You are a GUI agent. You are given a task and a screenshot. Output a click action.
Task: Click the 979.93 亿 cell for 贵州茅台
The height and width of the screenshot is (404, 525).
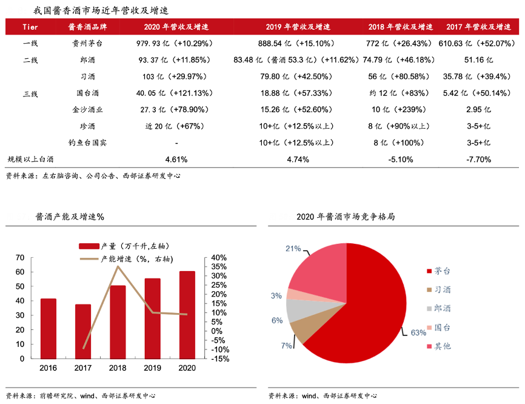click(172, 44)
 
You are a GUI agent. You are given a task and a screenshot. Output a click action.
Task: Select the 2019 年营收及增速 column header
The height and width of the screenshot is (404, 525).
click(298, 27)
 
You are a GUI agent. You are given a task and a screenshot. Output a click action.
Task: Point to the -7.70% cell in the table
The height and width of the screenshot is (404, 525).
click(478, 160)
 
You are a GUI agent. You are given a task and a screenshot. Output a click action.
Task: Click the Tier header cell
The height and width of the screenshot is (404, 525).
click(30, 27)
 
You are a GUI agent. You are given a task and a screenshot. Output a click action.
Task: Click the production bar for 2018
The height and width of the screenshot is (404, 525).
click(118, 322)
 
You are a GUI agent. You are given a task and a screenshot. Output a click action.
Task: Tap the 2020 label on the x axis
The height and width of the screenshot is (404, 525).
click(187, 368)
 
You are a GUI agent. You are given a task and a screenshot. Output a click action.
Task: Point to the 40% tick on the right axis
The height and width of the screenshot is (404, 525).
click(219, 258)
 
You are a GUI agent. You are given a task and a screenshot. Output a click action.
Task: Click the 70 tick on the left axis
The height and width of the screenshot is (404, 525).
click(19, 258)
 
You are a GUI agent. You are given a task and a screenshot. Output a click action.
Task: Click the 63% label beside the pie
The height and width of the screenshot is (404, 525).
click(418, 332)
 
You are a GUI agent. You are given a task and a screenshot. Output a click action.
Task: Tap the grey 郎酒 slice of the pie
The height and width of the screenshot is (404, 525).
click(296, 309)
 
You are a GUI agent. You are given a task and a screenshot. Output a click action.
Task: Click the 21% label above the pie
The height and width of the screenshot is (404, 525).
click(293, 248)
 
